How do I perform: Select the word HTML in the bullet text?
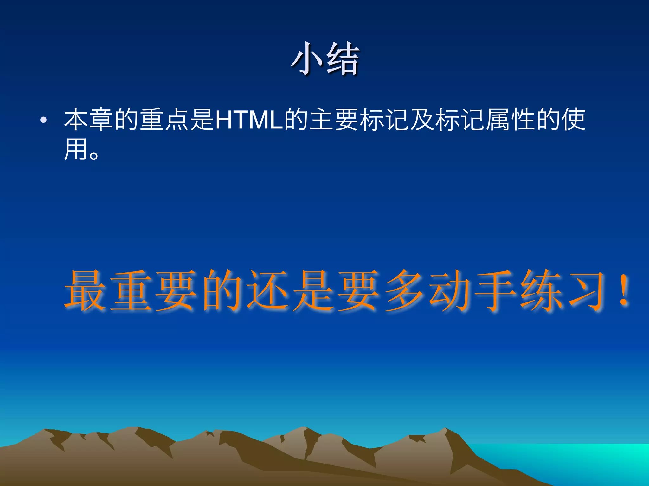click(249, 120)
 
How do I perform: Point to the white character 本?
click(76, 120)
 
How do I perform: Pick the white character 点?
click(177, 120)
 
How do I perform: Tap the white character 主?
click(321, 120)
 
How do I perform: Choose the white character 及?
click(422, 120)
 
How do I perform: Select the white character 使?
click(574, 120)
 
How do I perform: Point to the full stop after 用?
click(94, 155)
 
